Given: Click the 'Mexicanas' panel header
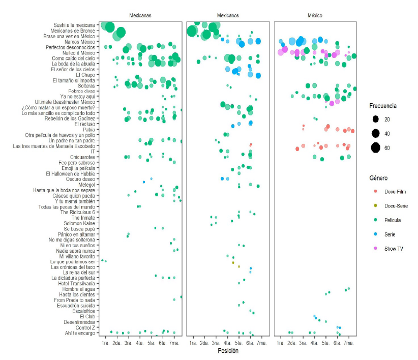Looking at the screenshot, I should (x=141, y=16).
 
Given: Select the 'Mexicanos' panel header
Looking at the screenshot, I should (x=228, y=16).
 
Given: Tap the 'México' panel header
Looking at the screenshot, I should (x=315, y=16).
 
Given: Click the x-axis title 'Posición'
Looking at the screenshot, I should (x=228, y=351).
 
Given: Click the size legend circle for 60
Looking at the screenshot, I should (x=375, y=148).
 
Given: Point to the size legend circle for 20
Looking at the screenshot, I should (x=375, y=119).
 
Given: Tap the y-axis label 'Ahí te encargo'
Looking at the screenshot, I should (x=80, y=333).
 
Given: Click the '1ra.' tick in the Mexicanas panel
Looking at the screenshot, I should (x=105, y=344).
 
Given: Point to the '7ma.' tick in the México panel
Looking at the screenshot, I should (x=349, y=344).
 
